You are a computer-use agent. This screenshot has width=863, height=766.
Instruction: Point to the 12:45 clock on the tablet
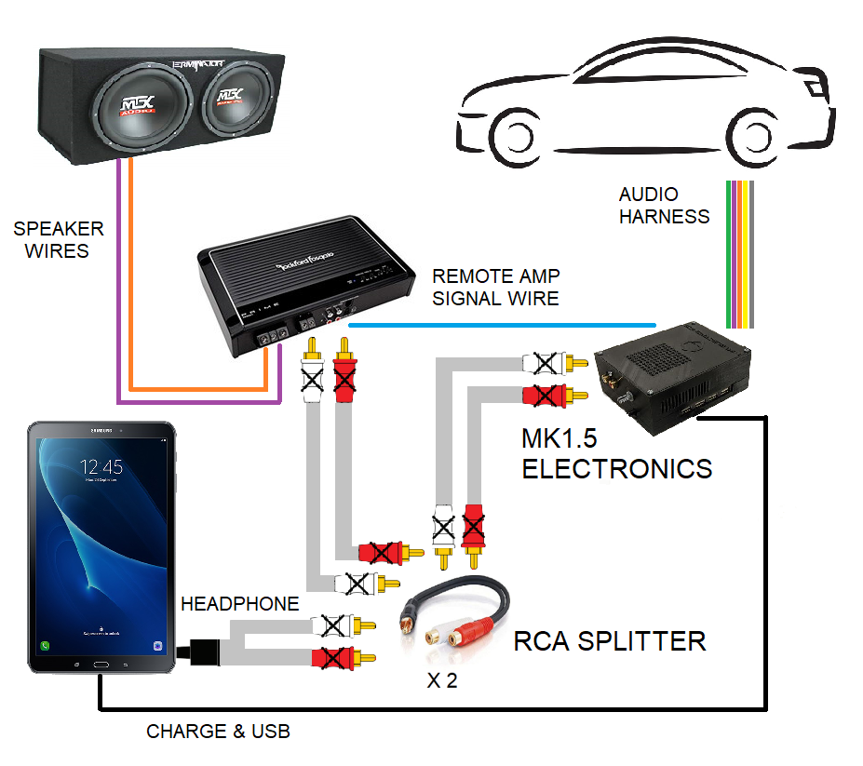(101, 465)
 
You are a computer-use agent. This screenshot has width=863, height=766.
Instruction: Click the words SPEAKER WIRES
(58, 239)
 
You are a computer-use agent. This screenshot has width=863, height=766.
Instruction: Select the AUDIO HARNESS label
(664, 206)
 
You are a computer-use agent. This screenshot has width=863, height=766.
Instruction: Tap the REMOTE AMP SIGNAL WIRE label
(495, 288)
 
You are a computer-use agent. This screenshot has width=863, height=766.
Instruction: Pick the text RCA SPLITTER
(610, 641)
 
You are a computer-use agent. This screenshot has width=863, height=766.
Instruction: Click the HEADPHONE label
(240, 604)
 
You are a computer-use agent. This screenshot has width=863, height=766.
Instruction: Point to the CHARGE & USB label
(218, 732)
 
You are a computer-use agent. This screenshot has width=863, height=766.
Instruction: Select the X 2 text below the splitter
(441, 680)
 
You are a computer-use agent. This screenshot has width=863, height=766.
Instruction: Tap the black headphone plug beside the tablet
(203, 651)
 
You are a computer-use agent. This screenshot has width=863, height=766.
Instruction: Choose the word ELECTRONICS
(616, 468)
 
